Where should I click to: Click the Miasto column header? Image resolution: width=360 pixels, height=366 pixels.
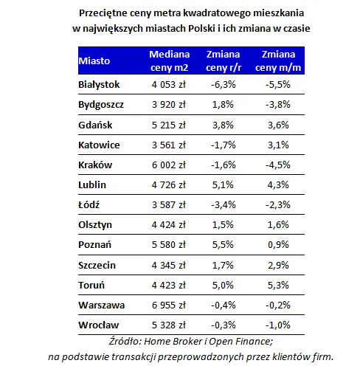(94, 61)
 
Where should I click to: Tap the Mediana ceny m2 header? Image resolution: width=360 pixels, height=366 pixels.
(170, 61)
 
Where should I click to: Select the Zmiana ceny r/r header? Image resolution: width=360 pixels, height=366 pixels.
(224, 61)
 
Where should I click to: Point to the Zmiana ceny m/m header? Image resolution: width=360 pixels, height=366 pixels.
(278, 61)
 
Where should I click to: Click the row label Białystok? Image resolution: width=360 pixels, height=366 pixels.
(99, 85)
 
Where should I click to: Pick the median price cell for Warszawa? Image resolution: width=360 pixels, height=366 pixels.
(169, 305)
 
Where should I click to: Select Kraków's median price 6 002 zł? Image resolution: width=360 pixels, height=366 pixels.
(169, 165)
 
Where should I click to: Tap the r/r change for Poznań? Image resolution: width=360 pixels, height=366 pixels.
(223, 245)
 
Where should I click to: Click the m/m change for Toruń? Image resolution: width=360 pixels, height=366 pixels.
(278, 286)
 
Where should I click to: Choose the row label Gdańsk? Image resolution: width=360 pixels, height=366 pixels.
(95, 125)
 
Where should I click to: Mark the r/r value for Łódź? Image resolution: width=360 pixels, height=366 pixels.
(224, 205)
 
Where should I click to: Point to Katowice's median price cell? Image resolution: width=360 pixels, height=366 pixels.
(169, 145)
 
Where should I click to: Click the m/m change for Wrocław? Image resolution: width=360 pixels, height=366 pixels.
(278, 325)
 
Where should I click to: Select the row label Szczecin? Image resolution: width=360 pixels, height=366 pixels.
(97, 266)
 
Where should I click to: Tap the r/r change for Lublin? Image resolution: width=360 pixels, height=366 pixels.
(223, 185)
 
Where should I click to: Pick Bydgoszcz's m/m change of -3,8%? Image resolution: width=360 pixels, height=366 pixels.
(278, 105)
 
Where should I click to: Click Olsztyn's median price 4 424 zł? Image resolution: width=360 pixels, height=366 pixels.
(169, 225)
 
